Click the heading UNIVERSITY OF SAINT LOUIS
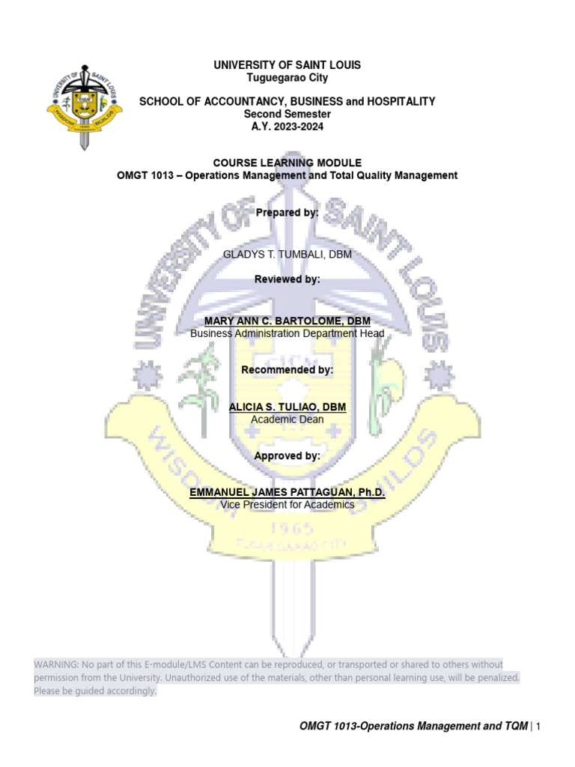287,65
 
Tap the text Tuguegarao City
287,77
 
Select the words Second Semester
287,113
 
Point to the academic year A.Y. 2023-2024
287,126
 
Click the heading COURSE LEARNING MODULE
287,163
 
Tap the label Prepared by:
287,213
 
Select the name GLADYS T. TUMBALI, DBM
287,255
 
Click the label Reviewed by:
287,279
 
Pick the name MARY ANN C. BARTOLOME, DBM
287,321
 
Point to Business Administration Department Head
287,333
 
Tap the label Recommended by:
287,370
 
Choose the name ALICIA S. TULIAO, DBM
287,407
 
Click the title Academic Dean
287,419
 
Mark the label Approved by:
287,455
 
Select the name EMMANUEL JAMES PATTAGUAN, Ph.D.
287,493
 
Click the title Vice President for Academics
287,505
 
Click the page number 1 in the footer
538,726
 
